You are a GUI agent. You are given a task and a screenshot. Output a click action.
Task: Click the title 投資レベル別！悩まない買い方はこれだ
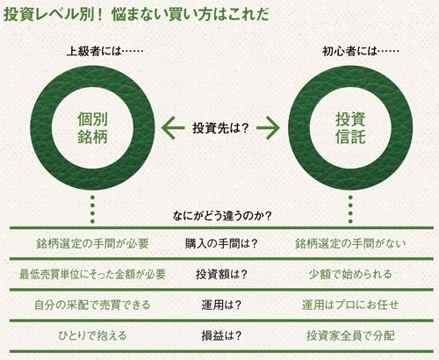[x=136, y=14]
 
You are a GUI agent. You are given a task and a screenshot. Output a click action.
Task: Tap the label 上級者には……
[x=105, y=52]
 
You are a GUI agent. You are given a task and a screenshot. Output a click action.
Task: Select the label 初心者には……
[x=361, y=52]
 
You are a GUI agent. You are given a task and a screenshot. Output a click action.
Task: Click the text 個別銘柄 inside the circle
[x=92, y=128]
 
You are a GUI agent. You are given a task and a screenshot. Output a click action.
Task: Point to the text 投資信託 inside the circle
[x=350, y=128]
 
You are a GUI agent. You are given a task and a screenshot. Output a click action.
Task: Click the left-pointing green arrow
[x=173, y=128]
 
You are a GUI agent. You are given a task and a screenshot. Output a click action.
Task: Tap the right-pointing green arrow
[x=268, y=128]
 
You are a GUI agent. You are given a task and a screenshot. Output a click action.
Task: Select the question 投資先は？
[x=220, y=128]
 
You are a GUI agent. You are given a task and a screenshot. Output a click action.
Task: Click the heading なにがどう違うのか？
[x=222, y=216]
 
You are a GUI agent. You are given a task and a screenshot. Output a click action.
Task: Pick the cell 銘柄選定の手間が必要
[x=92, y=243]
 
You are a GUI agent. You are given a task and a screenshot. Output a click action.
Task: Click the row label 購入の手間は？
[x=221, y=243]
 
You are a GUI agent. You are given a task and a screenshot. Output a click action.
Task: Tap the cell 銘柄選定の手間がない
[x=350, y=243]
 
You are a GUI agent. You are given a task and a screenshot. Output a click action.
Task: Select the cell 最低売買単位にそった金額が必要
[x=92, y=274]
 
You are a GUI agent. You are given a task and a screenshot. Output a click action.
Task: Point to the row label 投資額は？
[x=221, y=274]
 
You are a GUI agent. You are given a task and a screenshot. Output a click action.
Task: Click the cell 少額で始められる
[x=350, y=274]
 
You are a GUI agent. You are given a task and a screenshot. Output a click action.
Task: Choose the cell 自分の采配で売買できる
[x=92, y=305]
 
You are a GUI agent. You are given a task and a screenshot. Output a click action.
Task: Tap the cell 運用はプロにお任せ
[x=350, y=305]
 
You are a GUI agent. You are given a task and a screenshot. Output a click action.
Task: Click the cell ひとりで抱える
[x=92, y=335]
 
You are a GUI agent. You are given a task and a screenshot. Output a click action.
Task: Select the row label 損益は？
[x=221, y=335]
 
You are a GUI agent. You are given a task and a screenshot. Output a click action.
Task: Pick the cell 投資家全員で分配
[x=350, y=335]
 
